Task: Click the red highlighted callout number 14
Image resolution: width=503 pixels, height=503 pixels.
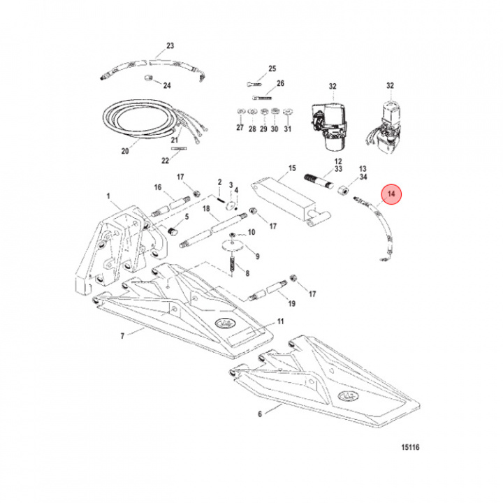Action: pyautogui.click(x=392, y=193)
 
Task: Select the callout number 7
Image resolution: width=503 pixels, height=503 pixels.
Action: pyautogui.click(x=122, y=336)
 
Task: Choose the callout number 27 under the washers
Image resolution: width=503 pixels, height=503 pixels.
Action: pyautogui.click(x=240, y=129)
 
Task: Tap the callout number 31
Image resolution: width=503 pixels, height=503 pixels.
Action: pyautogui.click(x=288, y=129)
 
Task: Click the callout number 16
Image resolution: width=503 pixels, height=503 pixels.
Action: pyautogui.click(x=158, y=187)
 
